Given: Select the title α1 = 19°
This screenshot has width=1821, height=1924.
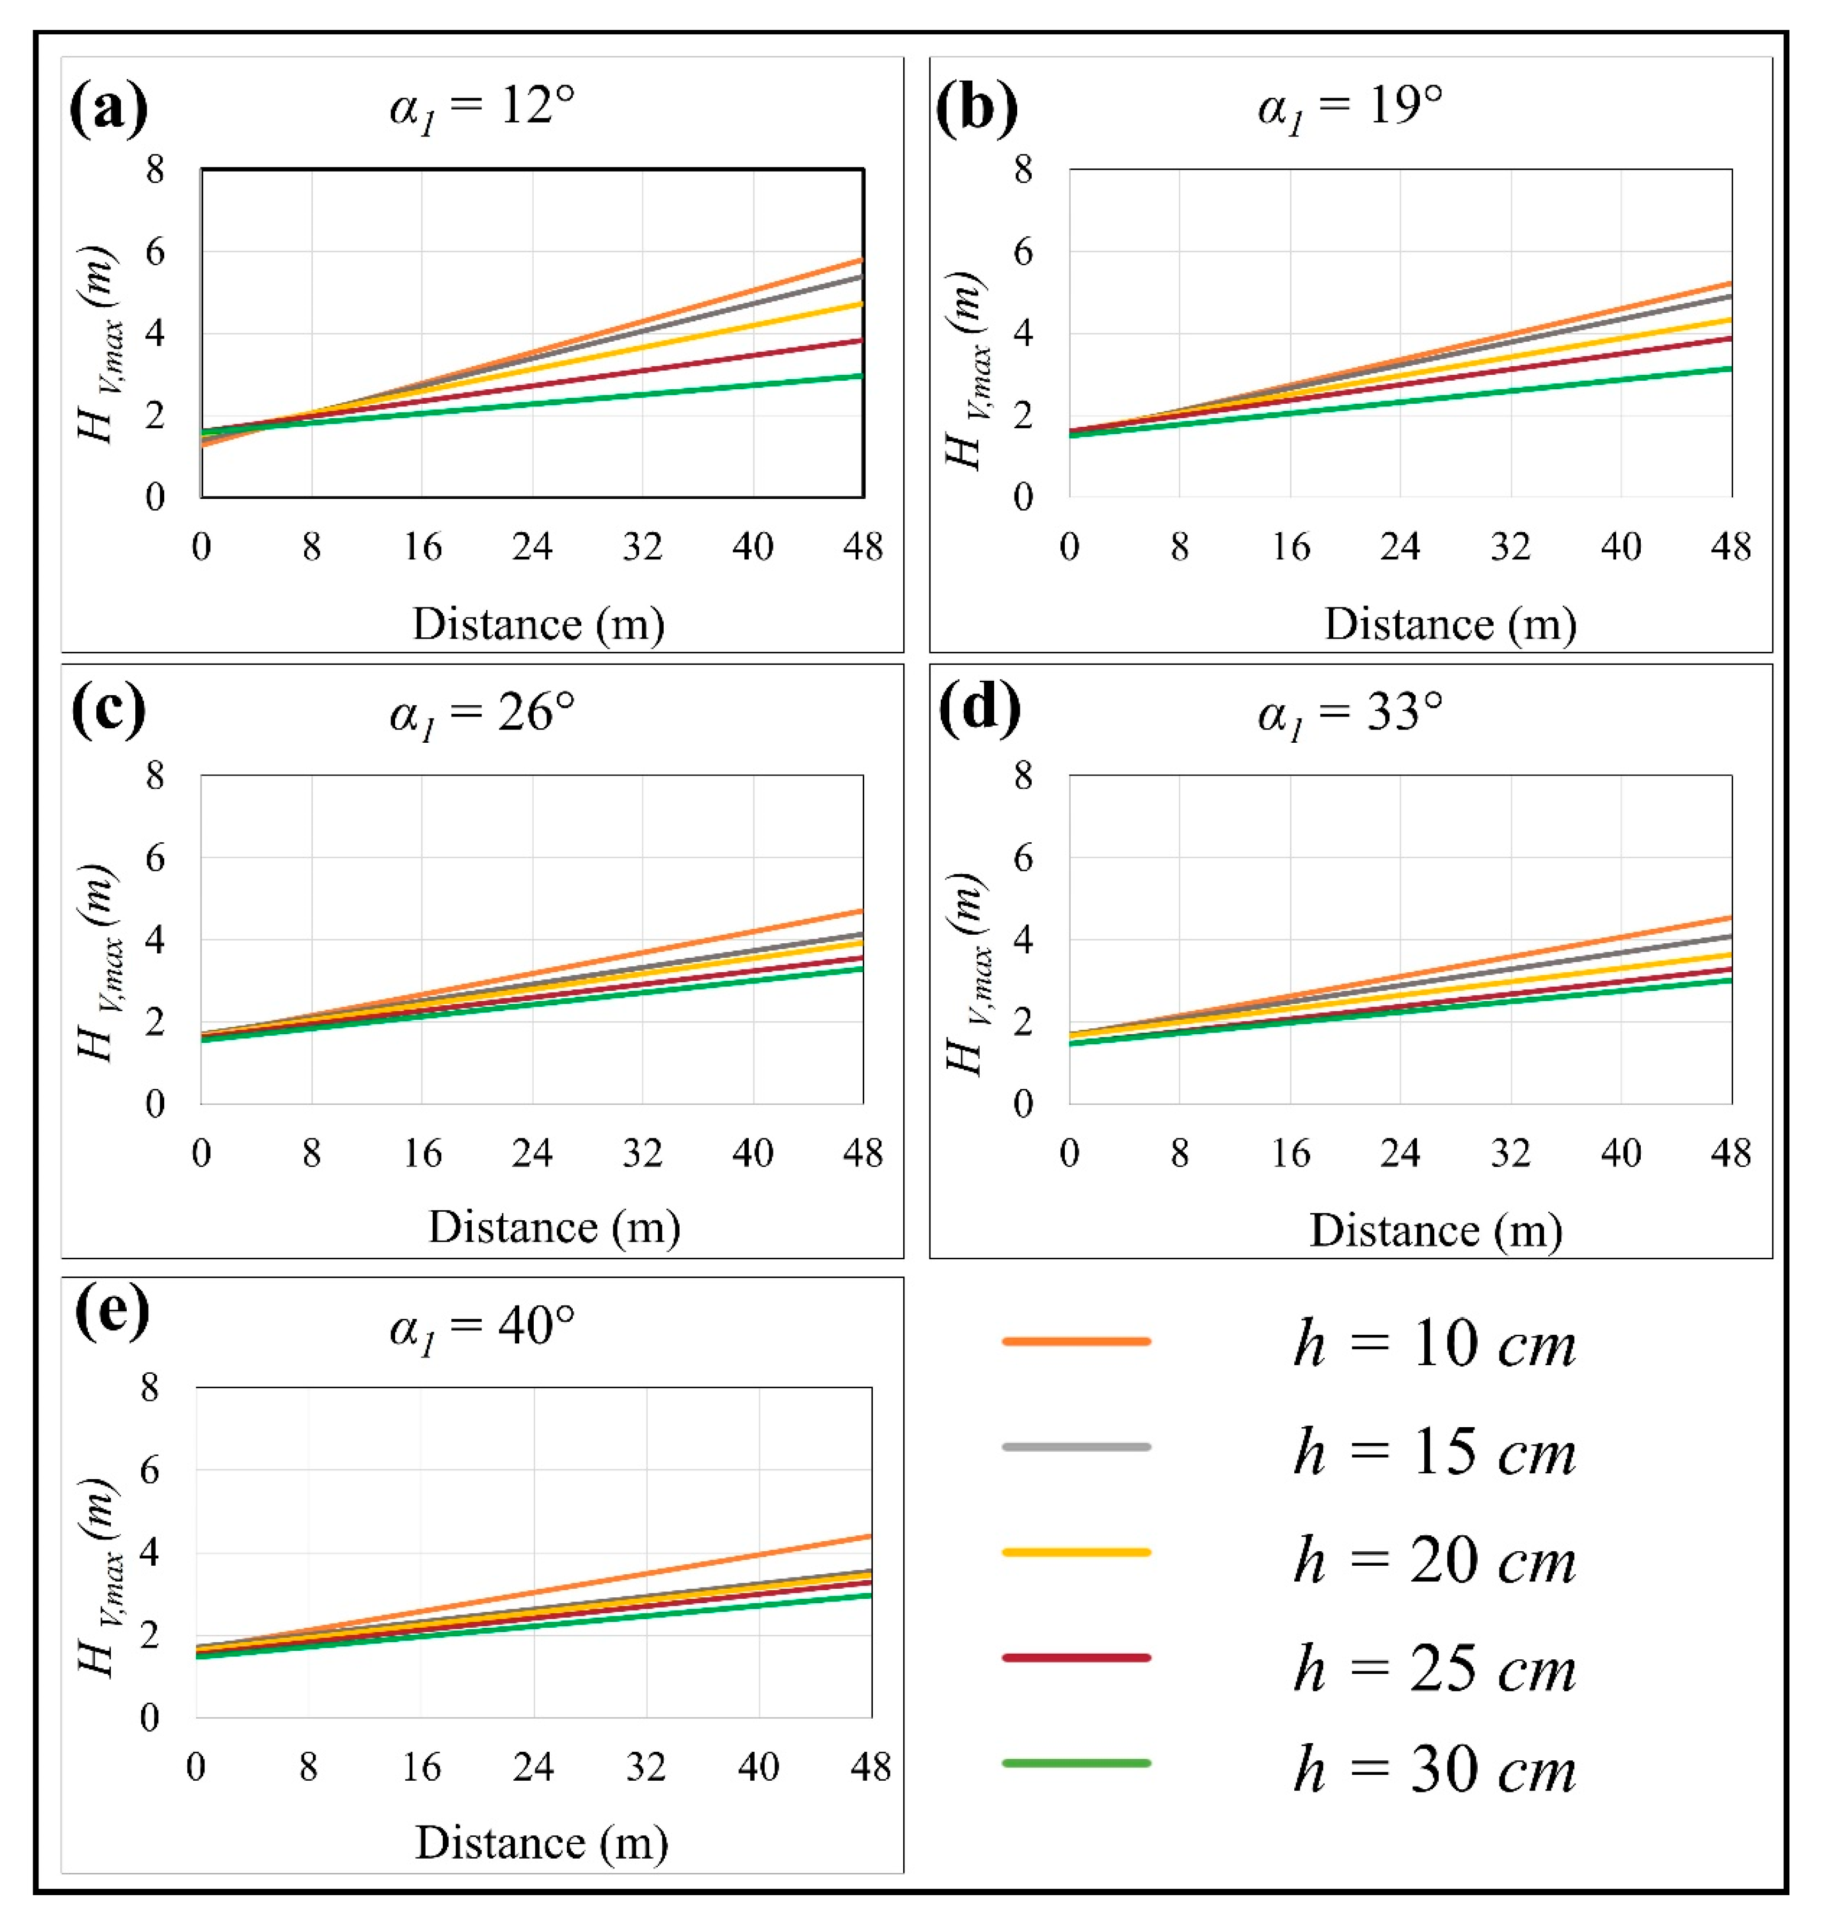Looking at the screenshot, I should click(1349, 107).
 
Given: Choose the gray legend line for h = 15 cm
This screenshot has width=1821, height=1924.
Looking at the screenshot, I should click(1075, 1446).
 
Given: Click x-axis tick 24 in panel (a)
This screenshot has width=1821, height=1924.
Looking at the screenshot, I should click(532, 548).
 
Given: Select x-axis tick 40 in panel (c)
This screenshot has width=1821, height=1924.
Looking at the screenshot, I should click(752, 1153).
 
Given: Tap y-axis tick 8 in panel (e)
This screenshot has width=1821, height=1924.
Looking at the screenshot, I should click(150, 1388).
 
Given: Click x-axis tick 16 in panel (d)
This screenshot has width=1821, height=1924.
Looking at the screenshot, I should click(1290, 1153).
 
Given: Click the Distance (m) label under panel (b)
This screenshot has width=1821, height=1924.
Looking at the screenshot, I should click(1450, 624).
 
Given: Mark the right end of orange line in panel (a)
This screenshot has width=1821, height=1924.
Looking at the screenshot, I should click(861, 260).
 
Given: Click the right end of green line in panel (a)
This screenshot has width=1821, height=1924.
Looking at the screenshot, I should click(861, 376).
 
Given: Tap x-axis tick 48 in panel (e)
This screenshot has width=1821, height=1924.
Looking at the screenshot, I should click(870, 1767).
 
